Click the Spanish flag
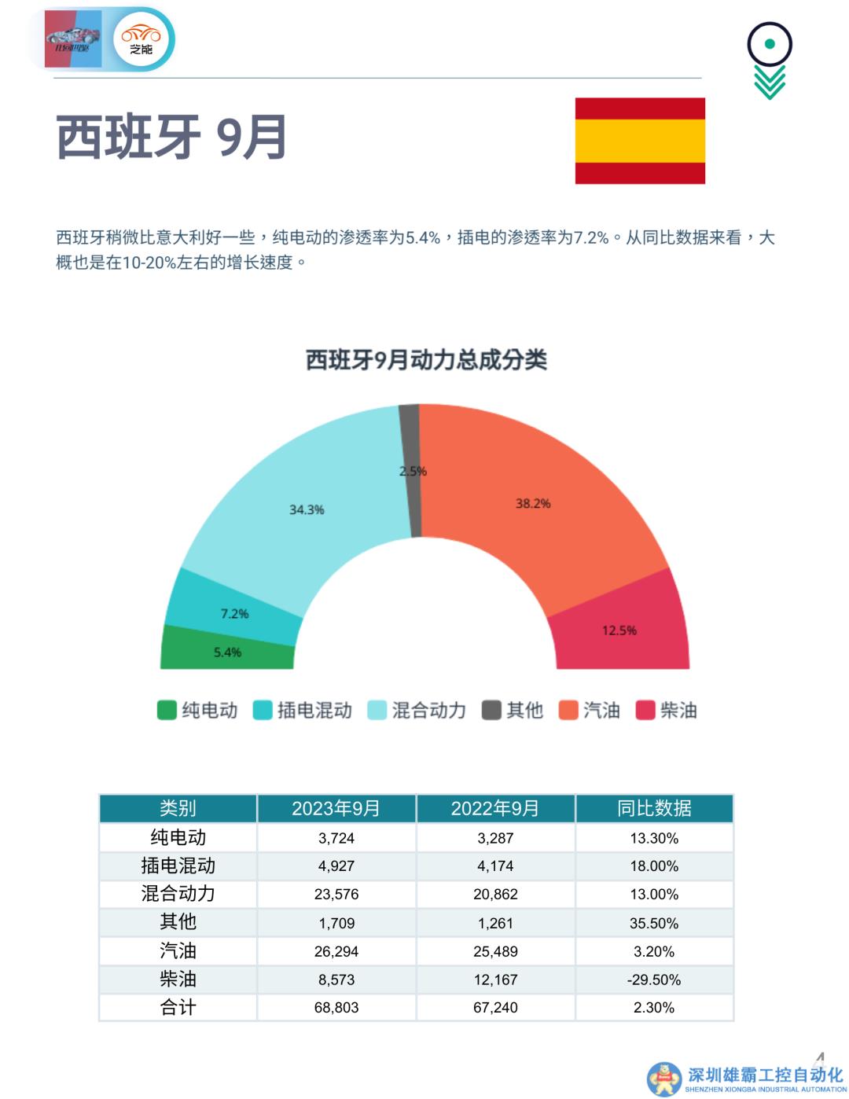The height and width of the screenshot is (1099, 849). (x=640, y=141)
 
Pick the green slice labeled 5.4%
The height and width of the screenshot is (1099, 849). (x=227, y=652)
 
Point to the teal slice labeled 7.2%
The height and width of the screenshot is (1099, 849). (x=233, y=613)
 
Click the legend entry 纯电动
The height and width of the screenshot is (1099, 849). (x=198, y=710)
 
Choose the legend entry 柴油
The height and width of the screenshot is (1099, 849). (x=667, y=710)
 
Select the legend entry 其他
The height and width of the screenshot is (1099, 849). (x=513, y=710)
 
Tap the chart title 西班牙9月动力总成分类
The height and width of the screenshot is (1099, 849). (x=426, y=360)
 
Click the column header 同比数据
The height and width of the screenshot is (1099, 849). (x=654, y=808)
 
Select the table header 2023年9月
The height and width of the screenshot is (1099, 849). (x=336, y=808)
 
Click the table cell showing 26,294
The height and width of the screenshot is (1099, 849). (x=336, y=951)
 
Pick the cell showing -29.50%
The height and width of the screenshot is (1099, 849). (x=654, y=980)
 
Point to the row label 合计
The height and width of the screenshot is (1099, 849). (x=178, y=1007)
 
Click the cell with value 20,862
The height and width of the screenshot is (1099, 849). (x=495, y=894)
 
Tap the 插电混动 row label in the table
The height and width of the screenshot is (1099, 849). (x=178, y=866)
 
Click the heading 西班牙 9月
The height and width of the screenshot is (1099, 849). (x=171, y=138)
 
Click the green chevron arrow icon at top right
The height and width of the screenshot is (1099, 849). (x=770, y=82)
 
